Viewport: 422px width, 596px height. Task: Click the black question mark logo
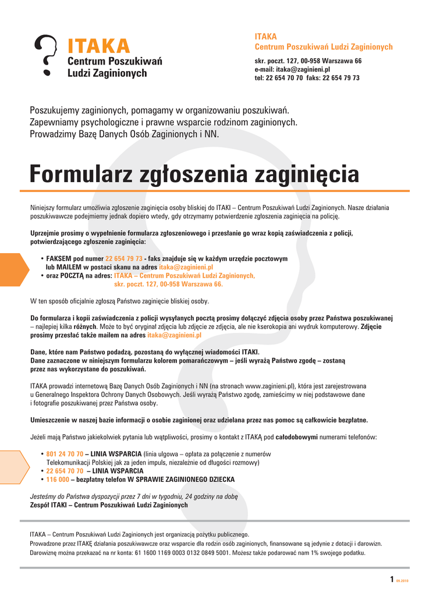[x=45, y=55]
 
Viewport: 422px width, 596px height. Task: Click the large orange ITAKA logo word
[x=99, y=45]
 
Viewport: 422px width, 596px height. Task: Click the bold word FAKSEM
[x=58, y=258]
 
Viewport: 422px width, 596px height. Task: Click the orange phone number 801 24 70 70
[x=65, y=453]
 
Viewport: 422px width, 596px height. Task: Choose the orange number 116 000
[x=58, y=480]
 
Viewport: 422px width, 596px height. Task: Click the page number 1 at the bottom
[x=392, y=579]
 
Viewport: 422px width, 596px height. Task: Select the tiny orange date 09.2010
[x=402, y=580]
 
